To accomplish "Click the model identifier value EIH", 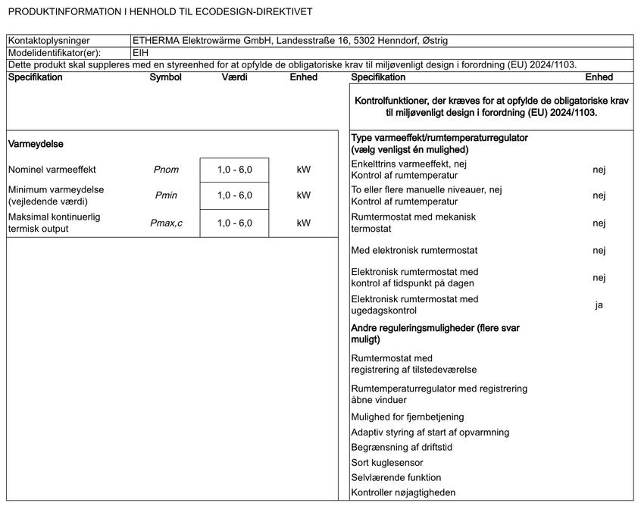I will point(141,54).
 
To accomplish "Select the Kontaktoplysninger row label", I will point(49,41).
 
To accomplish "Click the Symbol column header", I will point(165,77).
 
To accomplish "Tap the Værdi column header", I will point(234,77).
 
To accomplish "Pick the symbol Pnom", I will point(166,170).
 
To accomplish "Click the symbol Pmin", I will point(166,195).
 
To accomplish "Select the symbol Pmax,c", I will point(166,223).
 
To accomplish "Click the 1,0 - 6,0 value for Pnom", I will point(234,170).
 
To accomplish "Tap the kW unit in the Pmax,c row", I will point(304,223).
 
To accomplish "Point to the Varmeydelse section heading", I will point(35,143).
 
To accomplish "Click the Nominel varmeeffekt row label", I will point(52,170).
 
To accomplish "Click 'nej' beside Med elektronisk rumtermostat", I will point(599,250).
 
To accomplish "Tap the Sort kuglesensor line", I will point(387,462).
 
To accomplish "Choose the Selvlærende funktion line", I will point(396,477).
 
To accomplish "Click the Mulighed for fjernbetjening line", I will point(408,417).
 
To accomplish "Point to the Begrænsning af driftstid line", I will point(402,447).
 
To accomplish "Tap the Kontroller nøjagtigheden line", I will point(403,493).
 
